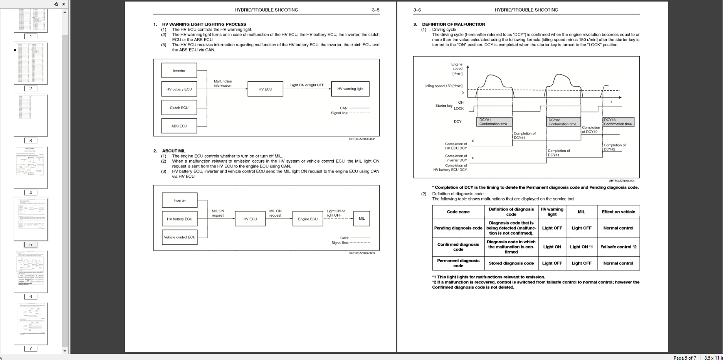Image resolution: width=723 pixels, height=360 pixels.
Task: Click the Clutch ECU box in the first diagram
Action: click(179, 108)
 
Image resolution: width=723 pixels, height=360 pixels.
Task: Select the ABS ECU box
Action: click(179, 126)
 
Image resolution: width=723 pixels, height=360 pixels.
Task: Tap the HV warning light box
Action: click(350, 89)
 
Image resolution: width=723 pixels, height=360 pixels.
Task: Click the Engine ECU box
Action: click(308, 219)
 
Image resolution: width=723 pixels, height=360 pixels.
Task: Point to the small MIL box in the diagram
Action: click(361, 219)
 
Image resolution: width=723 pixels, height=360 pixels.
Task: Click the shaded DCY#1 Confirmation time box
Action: click(495, 122)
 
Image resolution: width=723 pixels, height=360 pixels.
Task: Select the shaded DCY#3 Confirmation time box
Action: click(618, 122)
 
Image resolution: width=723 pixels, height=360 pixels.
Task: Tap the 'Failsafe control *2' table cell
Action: click(618, 247)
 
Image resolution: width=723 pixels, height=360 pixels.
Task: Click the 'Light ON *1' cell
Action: click(581, 247)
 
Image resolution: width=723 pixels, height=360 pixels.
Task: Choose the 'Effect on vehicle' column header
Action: click(618, 212)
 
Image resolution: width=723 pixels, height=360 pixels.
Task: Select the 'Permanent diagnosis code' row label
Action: click(458, 263)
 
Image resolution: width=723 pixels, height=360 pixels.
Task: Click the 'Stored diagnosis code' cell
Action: click(511, 263)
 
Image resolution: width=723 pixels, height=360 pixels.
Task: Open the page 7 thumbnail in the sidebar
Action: click(31, 323)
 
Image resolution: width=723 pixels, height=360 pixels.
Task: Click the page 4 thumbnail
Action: click(31, 167)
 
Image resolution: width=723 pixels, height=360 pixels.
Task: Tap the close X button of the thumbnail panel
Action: click(64, 4)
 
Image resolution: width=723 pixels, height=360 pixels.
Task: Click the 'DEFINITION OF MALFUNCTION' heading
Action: click(453, 24)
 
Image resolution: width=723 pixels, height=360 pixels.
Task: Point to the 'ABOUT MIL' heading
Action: click(174, 151)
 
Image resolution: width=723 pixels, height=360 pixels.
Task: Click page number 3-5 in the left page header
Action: click(375, 10)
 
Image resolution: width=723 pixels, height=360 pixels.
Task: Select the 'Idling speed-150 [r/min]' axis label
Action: click(444, 86)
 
